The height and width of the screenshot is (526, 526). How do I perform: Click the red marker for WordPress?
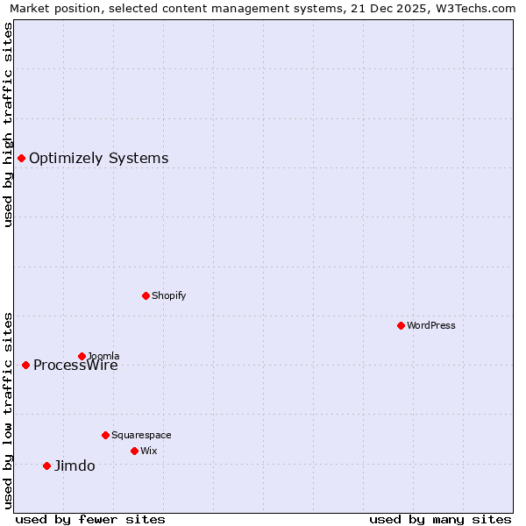pyautogui.click(x=401, y=325)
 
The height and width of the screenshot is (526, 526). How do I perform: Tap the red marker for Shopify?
pyautogui.click(x=146, y=295)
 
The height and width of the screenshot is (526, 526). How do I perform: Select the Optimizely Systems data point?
pyautogui.click(x=21, y=158)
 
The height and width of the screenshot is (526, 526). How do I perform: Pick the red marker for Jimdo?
pyautogui.click(x=46, y=466)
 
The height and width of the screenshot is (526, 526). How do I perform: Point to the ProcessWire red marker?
pyautogui.click(x=25, y=365)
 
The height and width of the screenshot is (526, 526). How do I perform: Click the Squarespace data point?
pyautogui.click(x=105, y=435)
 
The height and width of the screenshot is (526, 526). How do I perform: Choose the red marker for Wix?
pyautogui.click(x=134, y=451)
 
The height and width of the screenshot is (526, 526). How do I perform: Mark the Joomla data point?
pyautogui.click(x=82, y=356)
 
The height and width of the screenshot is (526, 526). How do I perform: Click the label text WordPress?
pyautogui.click(x=431, y=325)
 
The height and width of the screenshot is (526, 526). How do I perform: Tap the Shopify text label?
pyautogui.click(x=169, y=295)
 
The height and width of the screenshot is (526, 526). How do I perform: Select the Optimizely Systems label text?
pyautogui.click(x=99, y=158)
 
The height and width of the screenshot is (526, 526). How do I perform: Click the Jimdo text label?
pyautogui.click(x=75, y=466)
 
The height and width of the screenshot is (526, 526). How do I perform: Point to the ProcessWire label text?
pyautogui.click(x=75, y=366)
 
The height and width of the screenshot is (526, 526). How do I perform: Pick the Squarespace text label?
pyautogui.click(x=141, y=435)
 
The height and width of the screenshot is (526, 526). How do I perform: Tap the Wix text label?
pyautogui.click(x=149, y=451)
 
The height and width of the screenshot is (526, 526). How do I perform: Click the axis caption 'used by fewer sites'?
pyautogui.click(x=90, y=519)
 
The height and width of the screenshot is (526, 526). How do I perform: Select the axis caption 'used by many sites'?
pyautogui.click(x=440, y=519)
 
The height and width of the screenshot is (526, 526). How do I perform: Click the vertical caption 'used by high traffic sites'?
pyautogui.click(x=9, y=124)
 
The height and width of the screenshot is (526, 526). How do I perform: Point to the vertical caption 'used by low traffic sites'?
pyautogui.click(x=9, y=409)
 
